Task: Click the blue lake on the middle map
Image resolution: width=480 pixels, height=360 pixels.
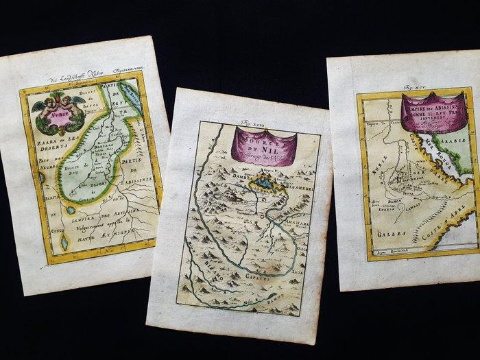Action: [262, 183]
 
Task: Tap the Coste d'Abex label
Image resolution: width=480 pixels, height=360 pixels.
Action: [440, 217]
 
